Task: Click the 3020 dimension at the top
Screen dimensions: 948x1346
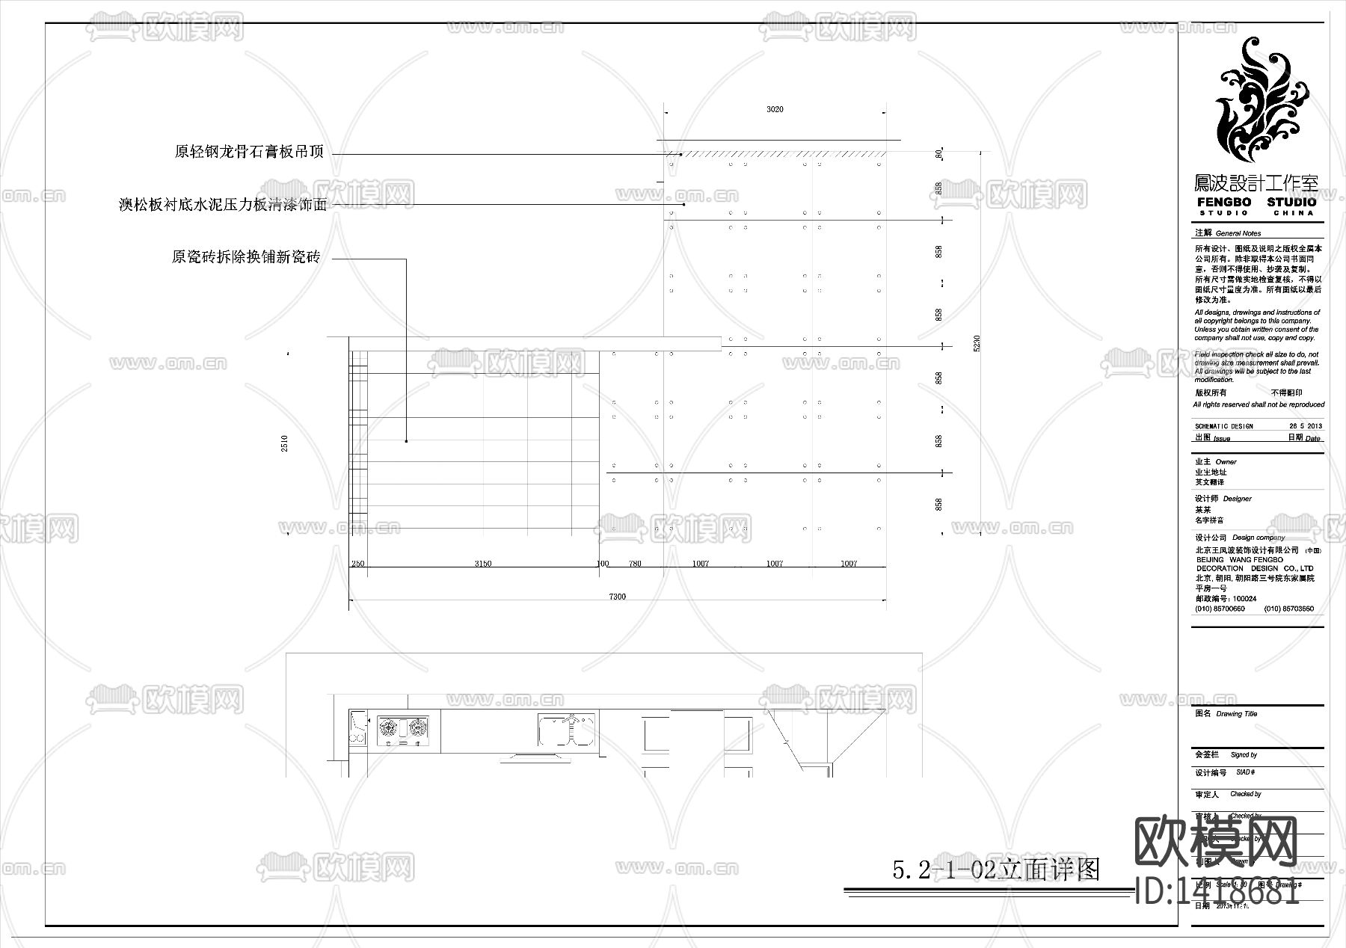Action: pyautogui.click(x=775, y=109)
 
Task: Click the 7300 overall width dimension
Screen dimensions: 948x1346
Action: pyautogui.click(x=618, y=597)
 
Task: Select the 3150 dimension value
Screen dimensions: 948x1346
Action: pyautogui.click(x=483, y=564)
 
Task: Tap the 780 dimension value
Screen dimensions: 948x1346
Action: pyautogui.click(x=635, y=564)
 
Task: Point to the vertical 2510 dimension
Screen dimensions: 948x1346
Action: pyautogui.click(x=284, y=443)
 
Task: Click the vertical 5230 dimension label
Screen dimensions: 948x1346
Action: pyautogui.click(x=977, y=344)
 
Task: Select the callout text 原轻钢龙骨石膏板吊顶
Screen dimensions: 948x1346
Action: pyautogui.click(x=249, y=152)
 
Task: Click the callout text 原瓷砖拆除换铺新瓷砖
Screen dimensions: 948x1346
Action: pyautogui.click(x=246, y=257)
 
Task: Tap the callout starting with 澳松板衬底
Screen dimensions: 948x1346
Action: pyautogui.click(x=223, y=204)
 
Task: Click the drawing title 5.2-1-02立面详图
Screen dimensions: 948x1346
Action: pyautogui.click(x=996, y=869)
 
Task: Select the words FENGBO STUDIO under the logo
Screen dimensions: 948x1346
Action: pyautogui.click(x=1256, y=203)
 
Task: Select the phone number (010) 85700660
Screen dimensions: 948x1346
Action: pyautogui.click(x=1220, y=609)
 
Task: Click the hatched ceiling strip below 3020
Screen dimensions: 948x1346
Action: pyautogui.click(x=778, y=154)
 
